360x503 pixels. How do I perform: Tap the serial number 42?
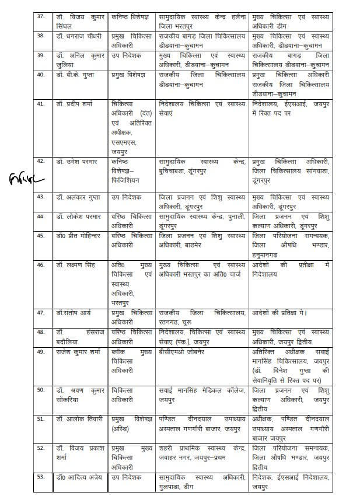pos(40,160)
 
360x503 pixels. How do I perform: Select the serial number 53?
pos(40,477)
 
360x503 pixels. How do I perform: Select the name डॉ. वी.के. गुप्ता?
pos(75,75)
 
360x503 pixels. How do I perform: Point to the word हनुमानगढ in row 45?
pos(270,255)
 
